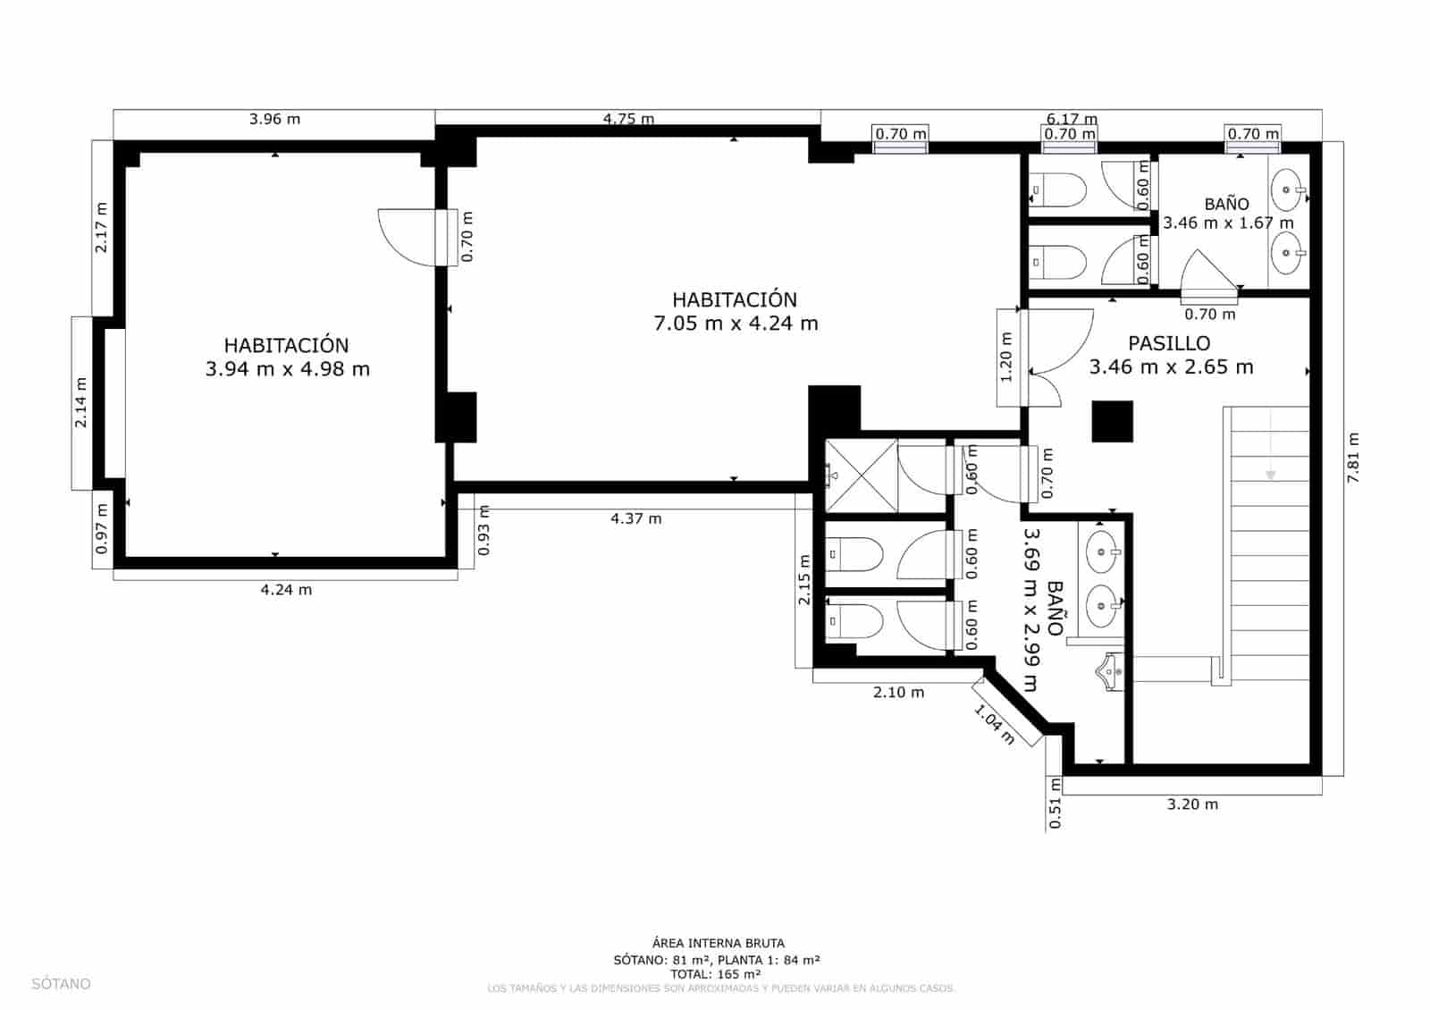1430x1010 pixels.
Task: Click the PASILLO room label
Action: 1169,343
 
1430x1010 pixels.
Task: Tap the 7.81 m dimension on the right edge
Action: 1354,458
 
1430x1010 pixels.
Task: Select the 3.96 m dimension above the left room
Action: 274,119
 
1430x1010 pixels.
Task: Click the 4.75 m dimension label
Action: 628,119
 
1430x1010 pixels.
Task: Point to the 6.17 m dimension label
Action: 1072,119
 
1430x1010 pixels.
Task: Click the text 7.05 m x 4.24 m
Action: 736,324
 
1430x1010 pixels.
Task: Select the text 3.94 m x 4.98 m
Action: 287,369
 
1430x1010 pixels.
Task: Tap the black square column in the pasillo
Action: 1113,421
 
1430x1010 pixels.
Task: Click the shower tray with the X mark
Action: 860,476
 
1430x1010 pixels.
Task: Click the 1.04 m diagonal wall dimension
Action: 994,725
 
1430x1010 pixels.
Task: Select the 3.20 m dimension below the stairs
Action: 1192,804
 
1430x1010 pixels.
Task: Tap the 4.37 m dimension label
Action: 635,518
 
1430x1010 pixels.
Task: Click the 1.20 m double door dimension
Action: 1007,357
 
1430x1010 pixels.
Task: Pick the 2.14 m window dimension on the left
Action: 81,402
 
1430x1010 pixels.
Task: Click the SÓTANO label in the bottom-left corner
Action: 62,984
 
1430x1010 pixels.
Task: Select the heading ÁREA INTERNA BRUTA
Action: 718,943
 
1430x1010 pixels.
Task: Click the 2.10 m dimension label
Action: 898,693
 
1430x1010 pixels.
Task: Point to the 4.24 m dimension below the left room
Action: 286,590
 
